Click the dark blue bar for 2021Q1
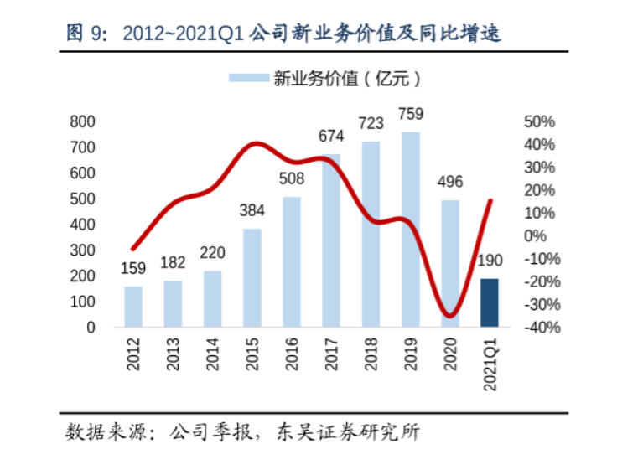tap(490, 302)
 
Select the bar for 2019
tap(411, 230)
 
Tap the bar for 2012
tap(133, 307)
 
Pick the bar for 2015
tap(252, 278)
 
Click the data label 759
tap(411, 114)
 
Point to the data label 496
tap(450, 182)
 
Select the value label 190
tap(490, 261)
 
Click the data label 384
tap(252, 210)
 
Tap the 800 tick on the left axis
tap(82, 121)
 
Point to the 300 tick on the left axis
tap(82, 250)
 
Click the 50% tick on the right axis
tap(539, 121)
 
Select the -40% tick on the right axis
tap(542, 328)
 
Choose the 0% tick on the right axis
tap(535, 236)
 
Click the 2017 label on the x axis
tap(332, 354)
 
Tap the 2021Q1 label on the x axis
tap(490, 364)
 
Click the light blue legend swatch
tap(249, 78)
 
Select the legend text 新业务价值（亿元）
tap(347, 78)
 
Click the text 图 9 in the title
tap(86, 33)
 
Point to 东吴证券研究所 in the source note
tap(348, 432)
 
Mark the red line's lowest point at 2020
tap(449, 316)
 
